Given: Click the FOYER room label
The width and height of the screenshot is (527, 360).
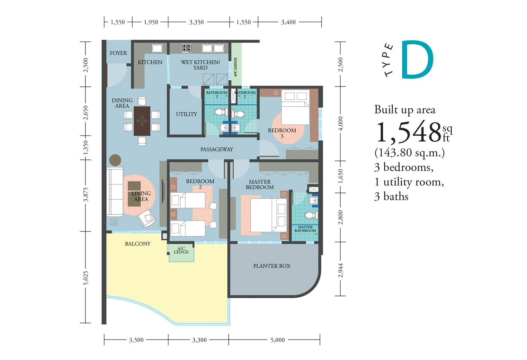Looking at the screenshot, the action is pos(118,53).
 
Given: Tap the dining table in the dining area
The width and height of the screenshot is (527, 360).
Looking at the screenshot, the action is pos(142,121).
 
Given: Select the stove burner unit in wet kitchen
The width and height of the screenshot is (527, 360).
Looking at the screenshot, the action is pos(187,48).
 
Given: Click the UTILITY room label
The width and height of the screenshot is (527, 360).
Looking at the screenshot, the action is pos(187,114).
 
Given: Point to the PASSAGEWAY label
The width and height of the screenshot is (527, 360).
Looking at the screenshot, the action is pos(217,149).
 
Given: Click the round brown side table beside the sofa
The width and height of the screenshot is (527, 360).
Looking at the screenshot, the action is pos(115,160).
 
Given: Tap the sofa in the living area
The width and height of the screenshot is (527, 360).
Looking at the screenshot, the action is pos(115,192).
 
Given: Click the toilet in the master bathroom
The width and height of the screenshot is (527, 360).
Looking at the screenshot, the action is pos(311,215).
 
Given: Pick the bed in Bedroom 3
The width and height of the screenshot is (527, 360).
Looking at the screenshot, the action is pos(296,107).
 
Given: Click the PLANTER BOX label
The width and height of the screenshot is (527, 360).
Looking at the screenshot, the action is pos(272,266).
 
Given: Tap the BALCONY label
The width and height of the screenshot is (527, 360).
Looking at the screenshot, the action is pos(138,244).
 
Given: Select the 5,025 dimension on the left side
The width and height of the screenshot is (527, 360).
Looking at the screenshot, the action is pos(85,278).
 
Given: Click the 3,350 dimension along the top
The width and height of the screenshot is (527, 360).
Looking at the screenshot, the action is pos(196,22).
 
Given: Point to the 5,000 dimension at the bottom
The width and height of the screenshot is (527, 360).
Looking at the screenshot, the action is pos(278,340).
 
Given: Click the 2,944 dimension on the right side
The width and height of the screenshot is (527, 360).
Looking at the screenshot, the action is pos(340,271).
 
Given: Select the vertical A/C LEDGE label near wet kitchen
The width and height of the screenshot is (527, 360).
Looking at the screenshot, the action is pos(235,67).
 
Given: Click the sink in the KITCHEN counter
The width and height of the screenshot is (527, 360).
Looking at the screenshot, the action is pos(157,48).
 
